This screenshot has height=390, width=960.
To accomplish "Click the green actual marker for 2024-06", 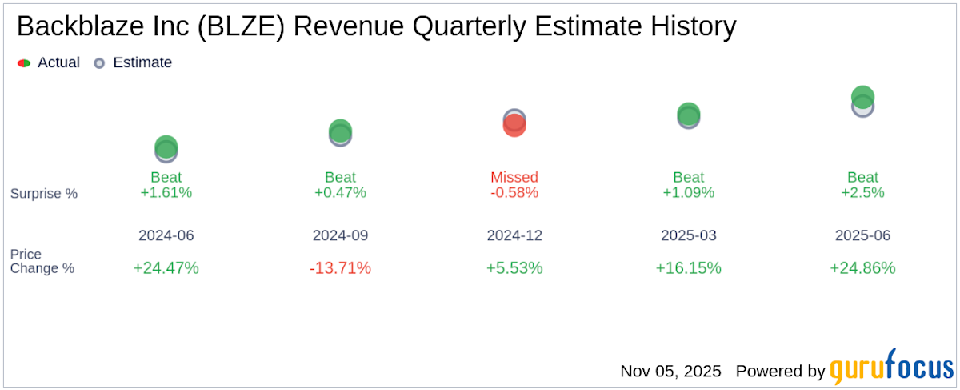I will [166, 147].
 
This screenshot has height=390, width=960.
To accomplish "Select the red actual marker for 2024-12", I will [514, 125].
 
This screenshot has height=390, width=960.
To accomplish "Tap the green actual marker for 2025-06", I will [862, 97].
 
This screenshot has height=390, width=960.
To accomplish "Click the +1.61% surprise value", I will [166, 193].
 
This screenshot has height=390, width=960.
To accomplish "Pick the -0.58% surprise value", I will [514, 193].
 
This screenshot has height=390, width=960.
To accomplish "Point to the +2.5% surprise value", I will [862, 193].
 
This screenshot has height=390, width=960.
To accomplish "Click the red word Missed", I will [514, 177].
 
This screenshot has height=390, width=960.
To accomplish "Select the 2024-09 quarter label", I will [340, 235].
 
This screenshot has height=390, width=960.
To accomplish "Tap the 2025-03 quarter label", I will [688, 235].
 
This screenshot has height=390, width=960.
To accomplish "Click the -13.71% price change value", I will [340, 268].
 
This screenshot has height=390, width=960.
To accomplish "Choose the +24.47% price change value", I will [166, 268].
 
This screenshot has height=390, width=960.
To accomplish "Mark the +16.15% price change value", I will [688, 268].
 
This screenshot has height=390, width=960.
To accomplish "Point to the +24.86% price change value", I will [862, 268].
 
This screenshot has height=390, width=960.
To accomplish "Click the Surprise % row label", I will [44, 194].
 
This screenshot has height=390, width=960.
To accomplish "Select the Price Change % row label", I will [42, 261].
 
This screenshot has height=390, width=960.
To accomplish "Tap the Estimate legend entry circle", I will [99, 62].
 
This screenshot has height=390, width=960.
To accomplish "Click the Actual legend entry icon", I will [24, 62].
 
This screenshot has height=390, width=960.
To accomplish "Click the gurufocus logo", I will [890, 372].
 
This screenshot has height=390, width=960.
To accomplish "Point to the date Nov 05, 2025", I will [670, 372].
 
